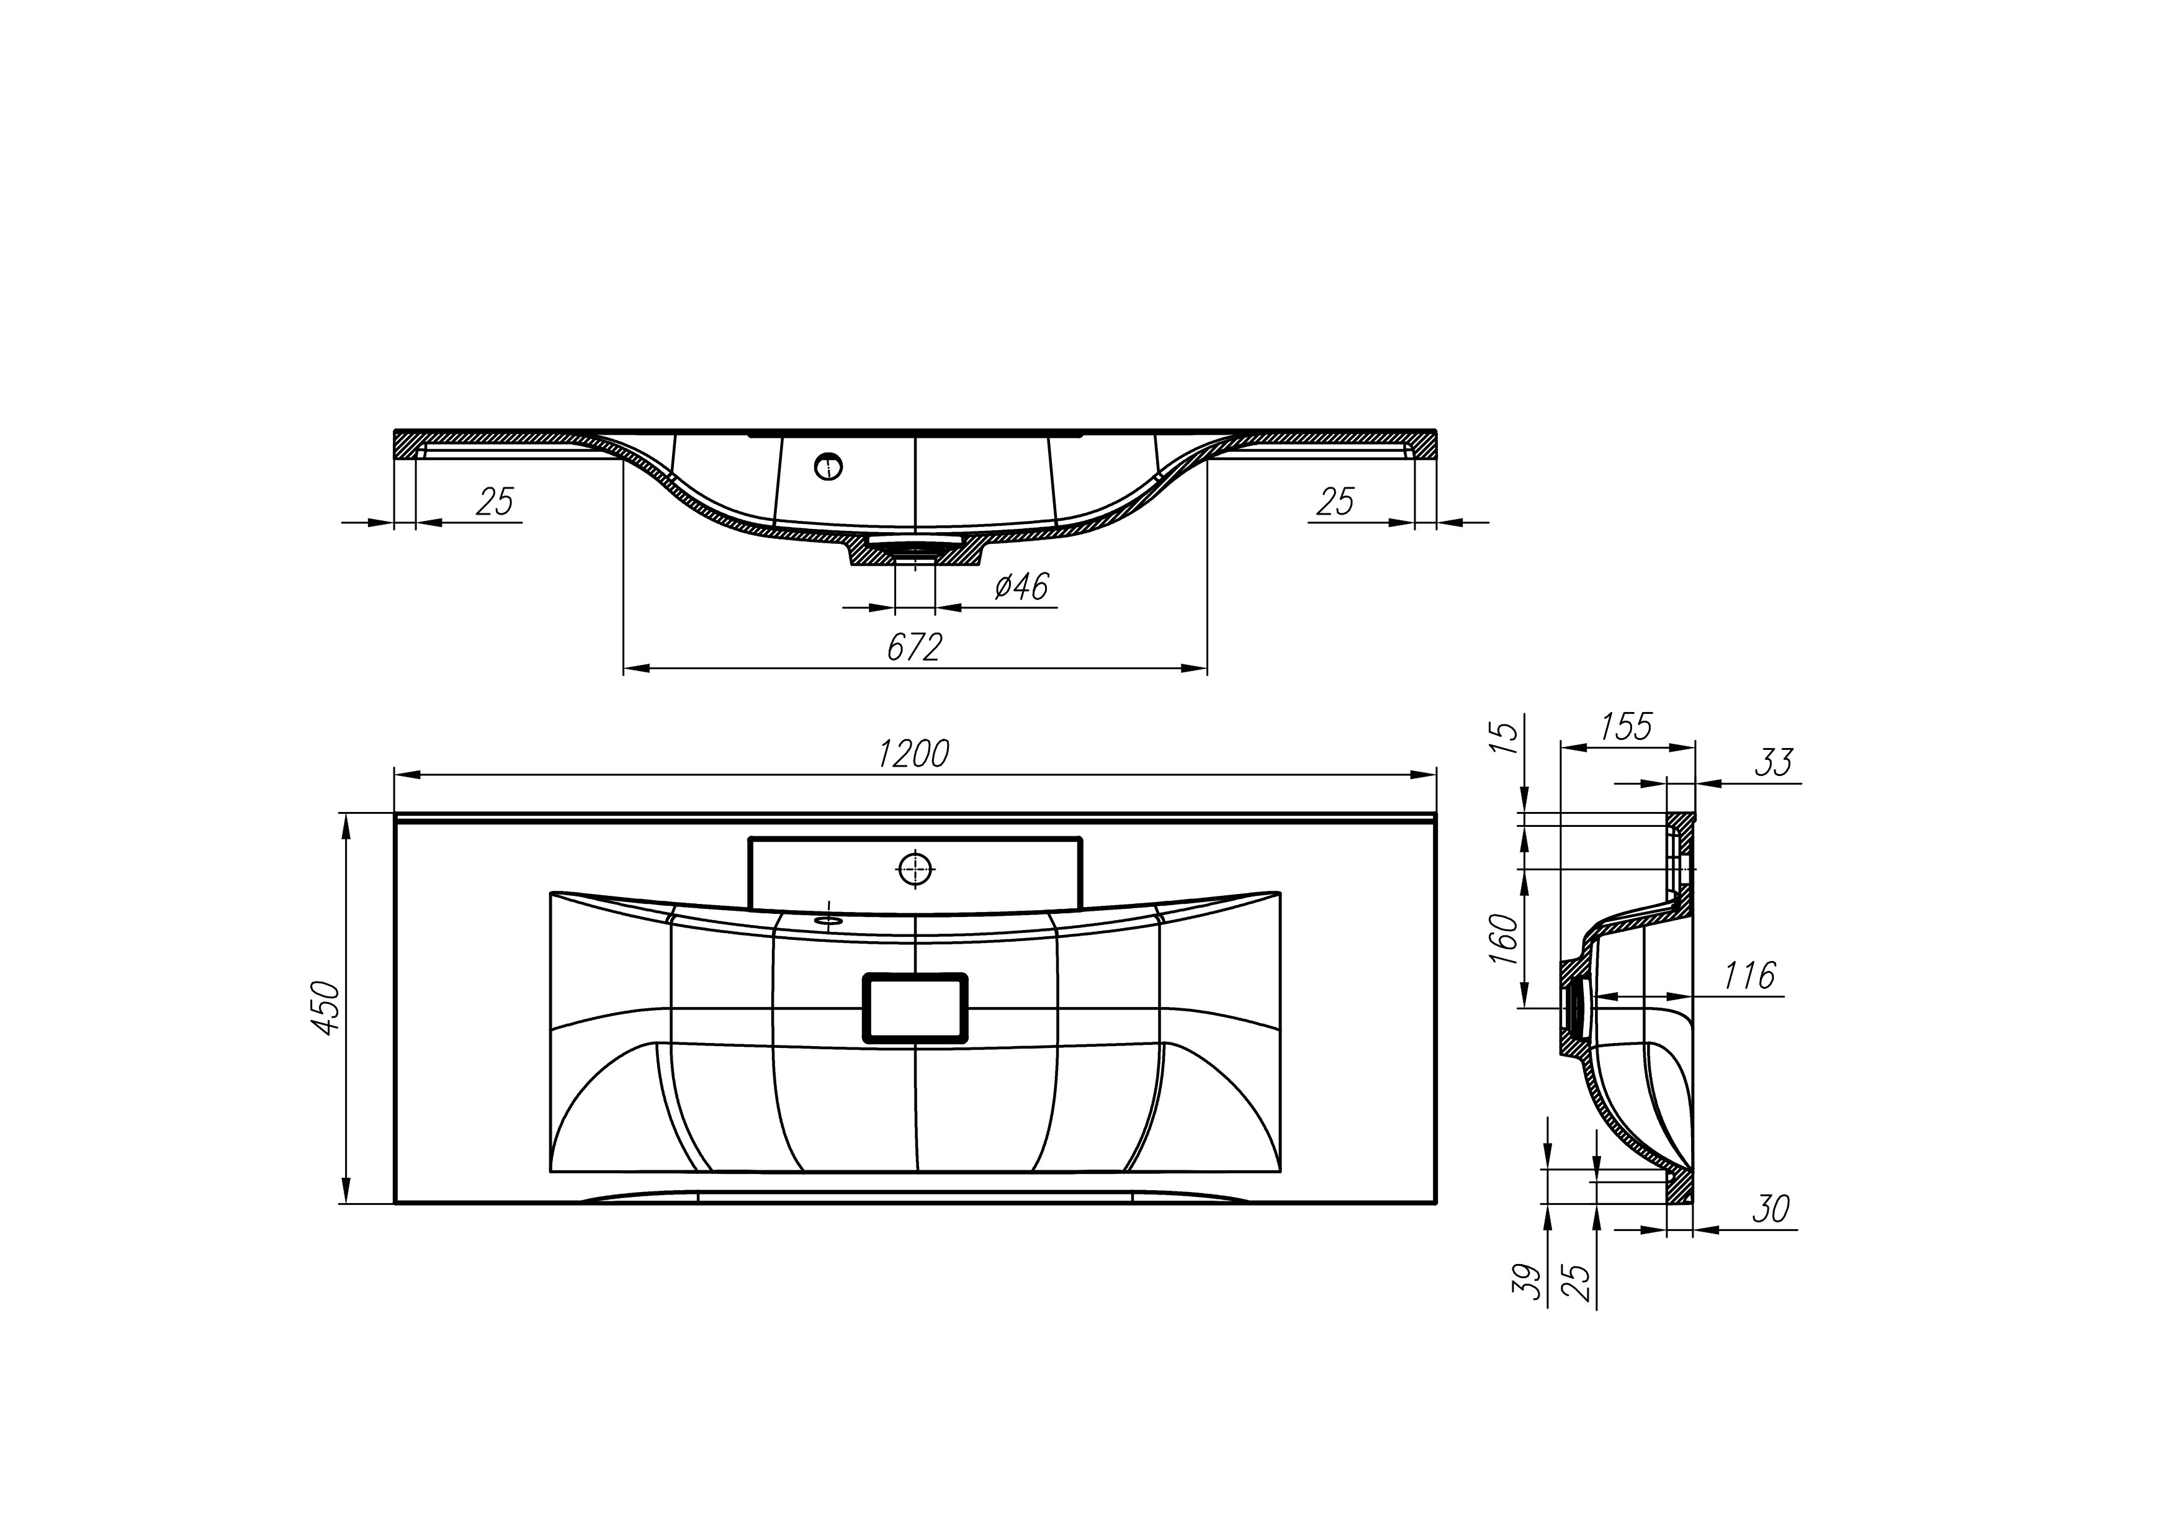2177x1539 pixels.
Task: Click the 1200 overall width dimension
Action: pyautogui.click(x=913, y=754)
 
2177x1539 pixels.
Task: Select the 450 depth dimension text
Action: pyautogui.click(x=325, y=1008)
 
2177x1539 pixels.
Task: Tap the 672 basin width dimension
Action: pyautogui.click(x=914, y=647)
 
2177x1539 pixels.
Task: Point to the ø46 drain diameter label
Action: pyautogui.click(x=1021, y=587)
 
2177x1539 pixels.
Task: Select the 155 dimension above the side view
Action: pyautogui.click(x=1626, y=726)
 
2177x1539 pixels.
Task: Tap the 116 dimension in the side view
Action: pyautogui.click(x=1748, y=976)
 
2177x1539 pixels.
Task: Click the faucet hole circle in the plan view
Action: pyautogui.click(x=915, y=868)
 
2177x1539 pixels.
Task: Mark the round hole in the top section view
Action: pyautogui.click(x=828, y=466)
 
